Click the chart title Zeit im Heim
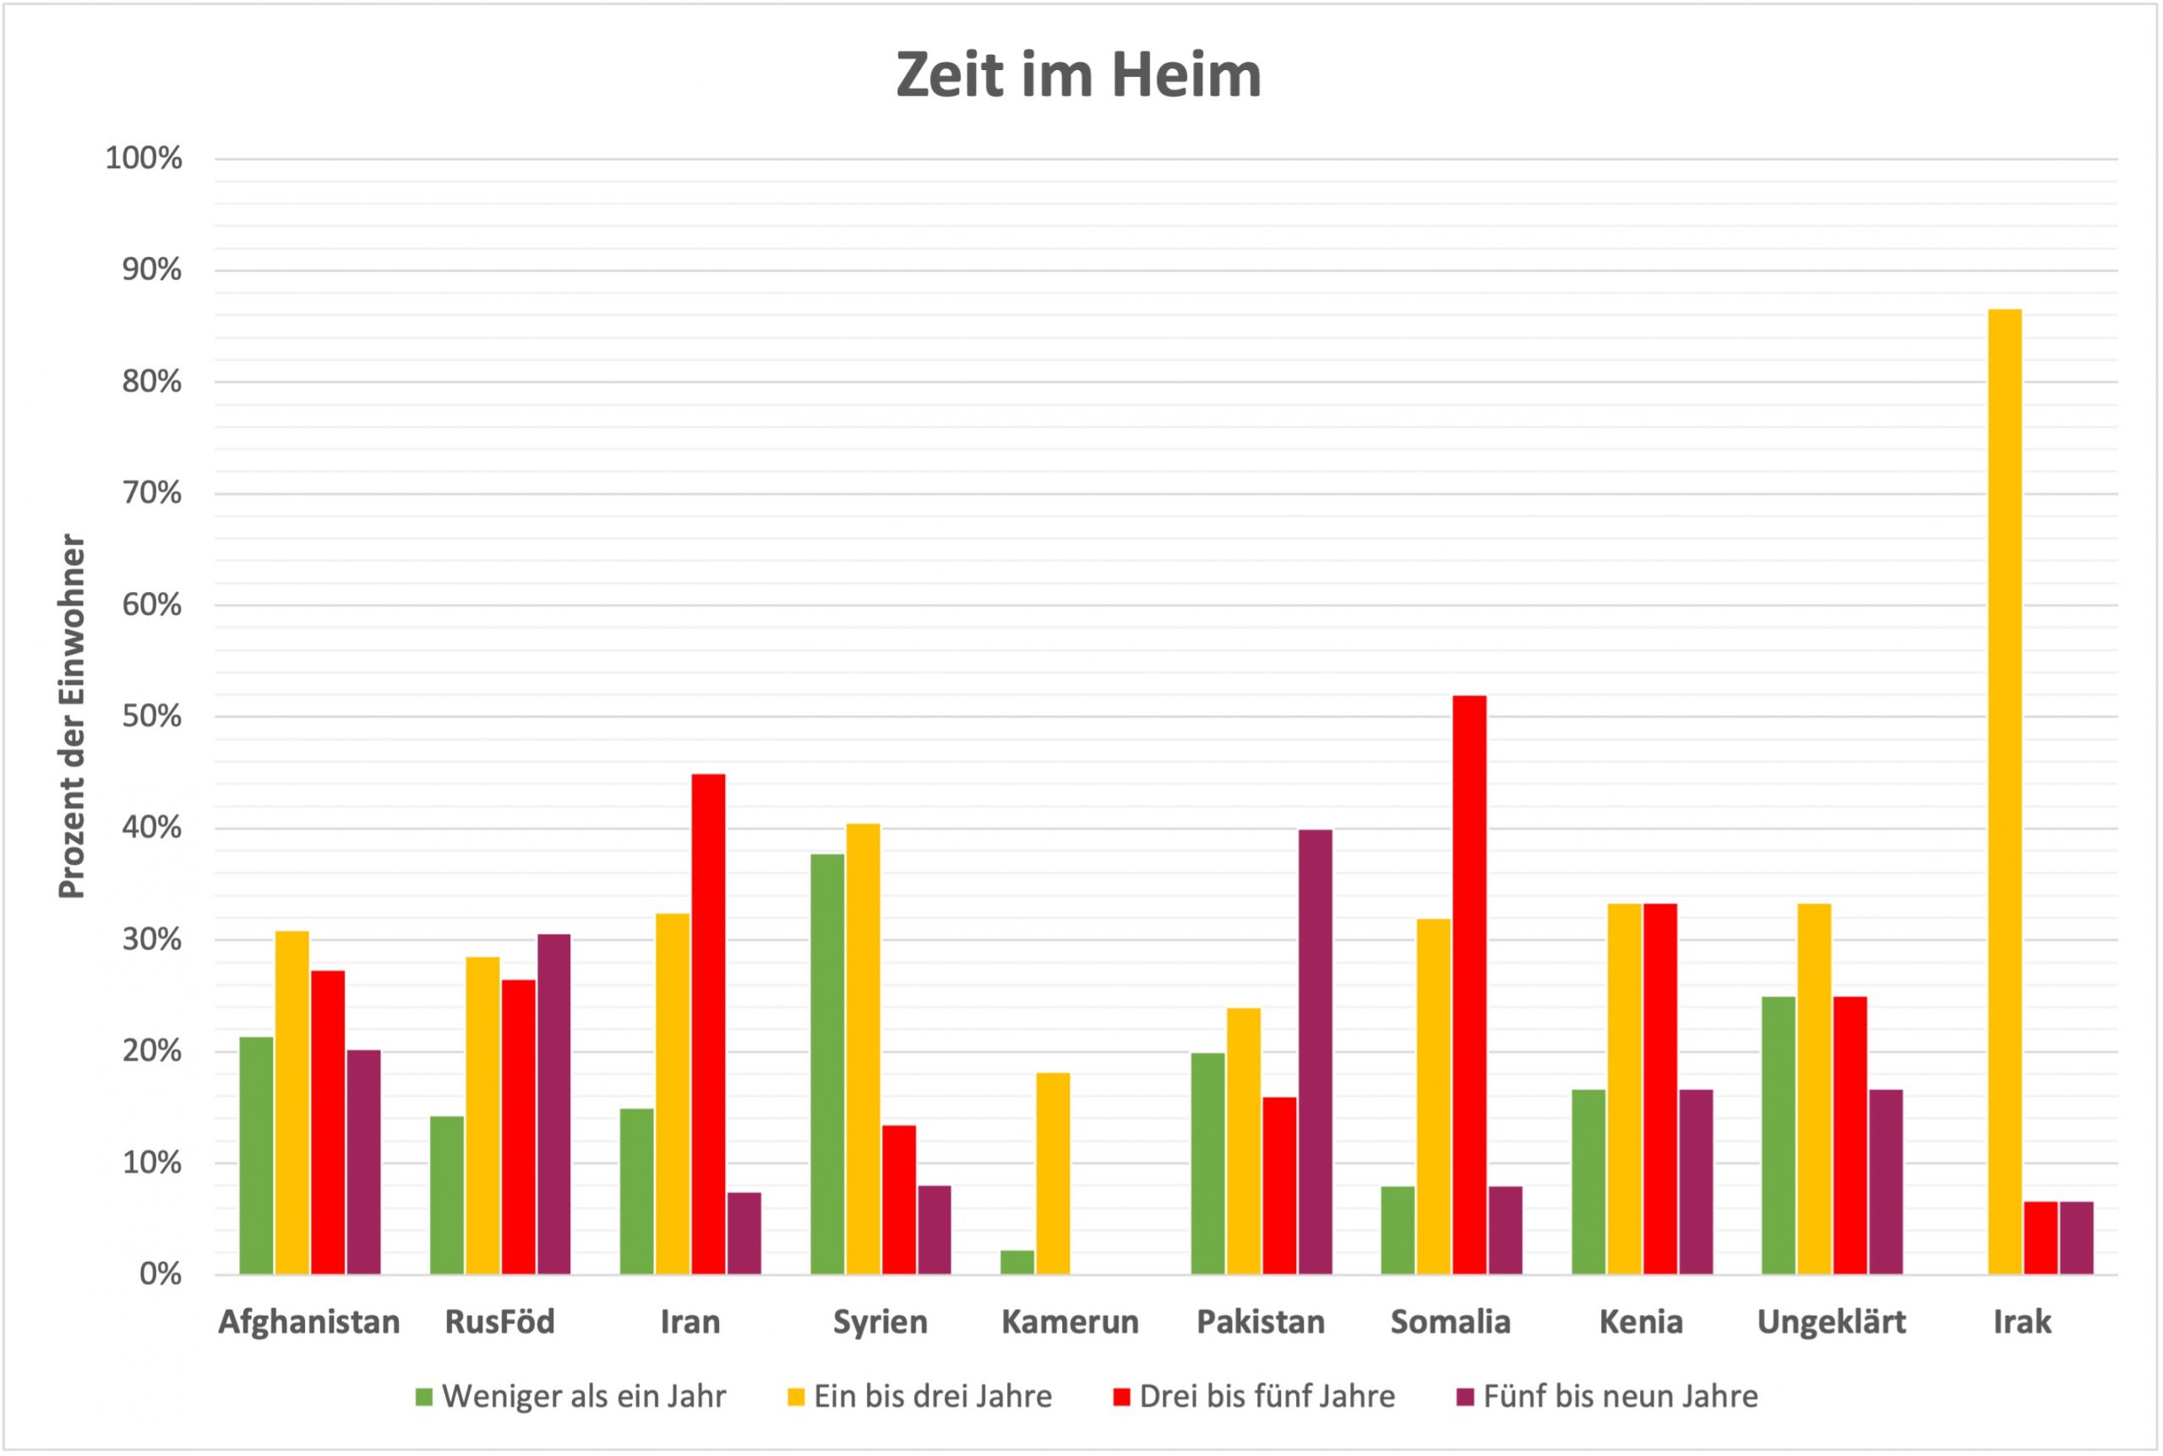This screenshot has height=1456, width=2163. (x=1078, y=75)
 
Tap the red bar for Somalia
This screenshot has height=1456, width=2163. (x=1469, y=984)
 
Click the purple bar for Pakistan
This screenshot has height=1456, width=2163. (x=1315, y=1051)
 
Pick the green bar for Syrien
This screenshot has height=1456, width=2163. (x=827, y=1063)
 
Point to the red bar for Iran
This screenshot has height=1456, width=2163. (x=708, y=1024)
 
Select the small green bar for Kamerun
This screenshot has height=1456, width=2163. (x=1017, y=1262)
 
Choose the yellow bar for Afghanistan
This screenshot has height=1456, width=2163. (x=291, y=1102)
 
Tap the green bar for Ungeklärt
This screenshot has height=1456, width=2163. (x=1778, y=1135)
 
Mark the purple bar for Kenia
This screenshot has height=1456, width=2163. (x=1696, y=1182)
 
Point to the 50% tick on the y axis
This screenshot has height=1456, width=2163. (x=151, y=717)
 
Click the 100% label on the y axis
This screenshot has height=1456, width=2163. (x=144, y=159)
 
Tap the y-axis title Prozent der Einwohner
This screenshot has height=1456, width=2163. (x=72, y=717)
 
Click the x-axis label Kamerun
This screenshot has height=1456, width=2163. (x=1070, y=1323)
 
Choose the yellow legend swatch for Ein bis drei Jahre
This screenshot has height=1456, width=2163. (x=796, y=1397)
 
